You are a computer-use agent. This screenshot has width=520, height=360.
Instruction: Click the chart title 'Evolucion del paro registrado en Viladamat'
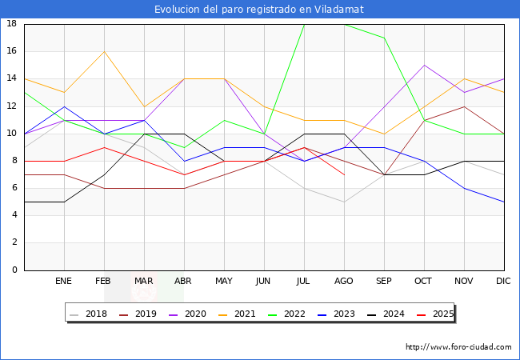pos(260,9)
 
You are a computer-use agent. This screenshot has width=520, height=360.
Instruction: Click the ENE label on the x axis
pos(64,282)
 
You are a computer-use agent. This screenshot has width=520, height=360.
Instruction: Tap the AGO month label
pos(344,282)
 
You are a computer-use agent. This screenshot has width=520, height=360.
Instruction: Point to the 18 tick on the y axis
pos(12,24)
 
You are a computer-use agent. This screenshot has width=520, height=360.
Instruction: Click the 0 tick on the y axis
pos(15,270)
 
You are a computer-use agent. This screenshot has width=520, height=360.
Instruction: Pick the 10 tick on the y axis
pos(12,134)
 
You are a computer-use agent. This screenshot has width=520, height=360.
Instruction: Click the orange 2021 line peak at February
pos(104,51)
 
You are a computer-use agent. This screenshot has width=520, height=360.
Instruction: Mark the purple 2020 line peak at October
pos(424,65)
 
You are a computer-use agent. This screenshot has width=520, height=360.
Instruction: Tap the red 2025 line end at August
pos(344,174)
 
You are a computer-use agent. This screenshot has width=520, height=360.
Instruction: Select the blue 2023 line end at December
pos(504,202)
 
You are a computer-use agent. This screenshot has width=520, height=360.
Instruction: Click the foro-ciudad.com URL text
pos(458,347)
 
